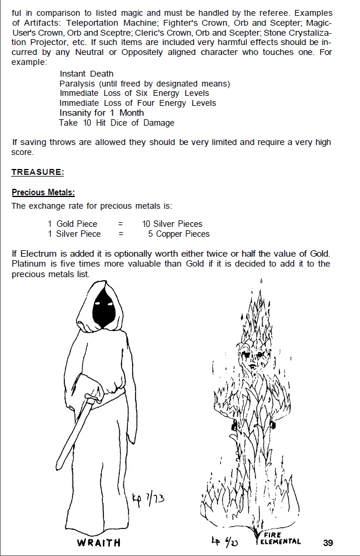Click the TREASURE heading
pos(38,172)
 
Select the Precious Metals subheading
pos(43,192)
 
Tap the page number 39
pos(328,543)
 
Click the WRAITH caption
pos(98,543)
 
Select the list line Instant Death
pos(86,74)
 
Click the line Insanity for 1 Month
pos(101,113)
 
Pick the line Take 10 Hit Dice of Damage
pos(116,123)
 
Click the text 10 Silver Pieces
pos(172,224)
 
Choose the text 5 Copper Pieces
pos(178,234)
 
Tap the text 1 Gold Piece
pos(72,224)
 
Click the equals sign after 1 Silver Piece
pos(120,234)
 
